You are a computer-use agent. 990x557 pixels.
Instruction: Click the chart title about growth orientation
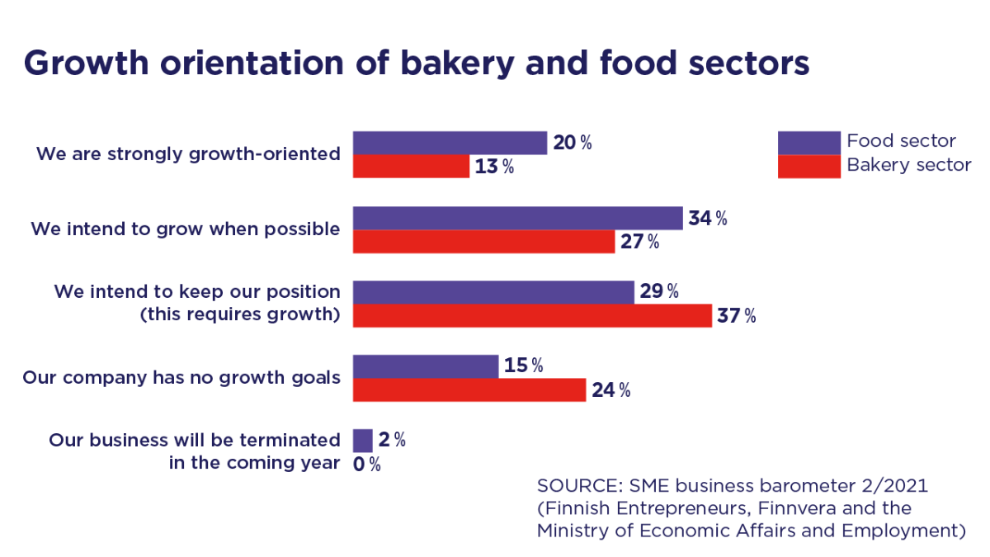point(417,64)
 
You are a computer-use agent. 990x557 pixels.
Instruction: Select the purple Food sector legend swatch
point(809,142)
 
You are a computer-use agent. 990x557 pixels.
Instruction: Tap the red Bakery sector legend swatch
point(809,166)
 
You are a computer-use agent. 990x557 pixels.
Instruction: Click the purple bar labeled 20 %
point(450,143)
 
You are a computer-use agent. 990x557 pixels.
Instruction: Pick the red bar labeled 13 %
point(411,167)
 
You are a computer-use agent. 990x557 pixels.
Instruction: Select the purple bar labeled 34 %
point(517,218)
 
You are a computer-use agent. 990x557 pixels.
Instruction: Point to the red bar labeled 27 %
point(483,242)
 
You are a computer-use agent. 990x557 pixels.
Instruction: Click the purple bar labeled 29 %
point(493,291)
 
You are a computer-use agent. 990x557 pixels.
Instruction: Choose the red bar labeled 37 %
point(532,315)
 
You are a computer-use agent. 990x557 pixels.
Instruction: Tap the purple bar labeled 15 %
point(426,366)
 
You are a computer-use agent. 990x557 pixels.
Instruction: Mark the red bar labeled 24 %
point(469,389)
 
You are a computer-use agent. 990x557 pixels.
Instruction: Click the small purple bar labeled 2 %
point(362,440)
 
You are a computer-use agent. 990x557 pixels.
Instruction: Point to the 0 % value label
point(366,465)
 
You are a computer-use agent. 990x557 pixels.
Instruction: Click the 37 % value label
point(737,316)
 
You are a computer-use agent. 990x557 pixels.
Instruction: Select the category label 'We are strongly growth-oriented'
point(188,153)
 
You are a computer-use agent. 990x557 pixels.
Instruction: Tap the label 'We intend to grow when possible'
point(185,229)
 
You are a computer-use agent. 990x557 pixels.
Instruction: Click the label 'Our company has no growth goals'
point(181,377)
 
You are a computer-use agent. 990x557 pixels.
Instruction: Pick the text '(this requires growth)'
point(239,314)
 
